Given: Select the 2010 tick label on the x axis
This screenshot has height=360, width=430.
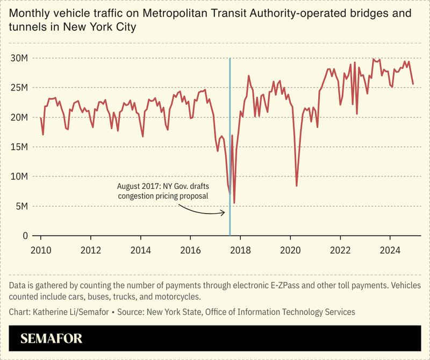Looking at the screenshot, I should coord(41,250).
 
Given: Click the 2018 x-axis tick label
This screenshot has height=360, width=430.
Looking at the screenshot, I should coord(240,250).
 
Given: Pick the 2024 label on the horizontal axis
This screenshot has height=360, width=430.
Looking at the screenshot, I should coord(390,250).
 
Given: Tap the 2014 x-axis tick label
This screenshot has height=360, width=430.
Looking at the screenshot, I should coord(141,250).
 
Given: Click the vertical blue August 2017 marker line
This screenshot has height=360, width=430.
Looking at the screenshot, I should coord(230,135).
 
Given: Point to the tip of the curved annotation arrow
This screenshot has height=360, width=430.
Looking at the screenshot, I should coord(225,213).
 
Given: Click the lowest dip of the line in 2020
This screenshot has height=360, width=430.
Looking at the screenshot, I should coord(297,186).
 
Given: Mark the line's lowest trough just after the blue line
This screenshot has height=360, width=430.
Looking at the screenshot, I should coord(234,203).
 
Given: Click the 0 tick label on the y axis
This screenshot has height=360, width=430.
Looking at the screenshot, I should coord(25,236).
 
